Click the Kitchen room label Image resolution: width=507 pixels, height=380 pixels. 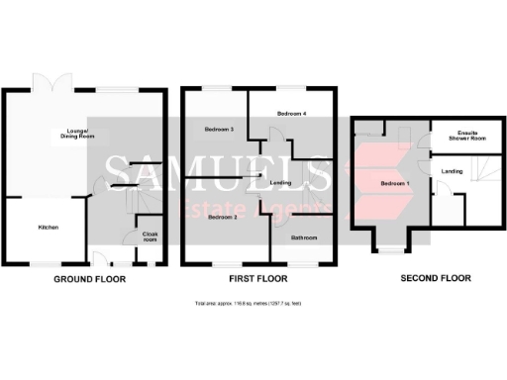pos(49,228)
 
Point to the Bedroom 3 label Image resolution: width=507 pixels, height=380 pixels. pos(219,130)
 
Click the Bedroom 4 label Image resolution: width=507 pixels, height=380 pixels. pos(291,114)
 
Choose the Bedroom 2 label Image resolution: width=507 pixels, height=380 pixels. pos(222,218)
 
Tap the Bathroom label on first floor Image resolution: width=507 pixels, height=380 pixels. pos(303,237)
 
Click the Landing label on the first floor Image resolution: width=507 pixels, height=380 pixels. pos(278,182)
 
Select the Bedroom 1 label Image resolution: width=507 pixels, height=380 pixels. pos(394,184)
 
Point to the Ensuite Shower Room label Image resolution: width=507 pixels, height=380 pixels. pos(465,138)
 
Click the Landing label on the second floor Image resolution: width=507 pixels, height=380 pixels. pos(452,172)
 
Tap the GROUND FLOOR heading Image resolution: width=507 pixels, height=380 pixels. pos(89,280)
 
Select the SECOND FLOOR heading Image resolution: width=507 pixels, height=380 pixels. pos(435,280)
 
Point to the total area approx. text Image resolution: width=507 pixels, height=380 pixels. pos(253,305)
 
